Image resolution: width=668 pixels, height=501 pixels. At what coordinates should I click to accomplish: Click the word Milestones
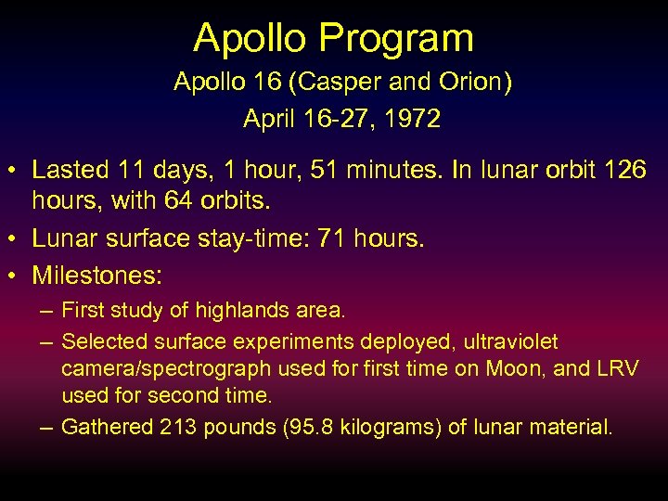pyautogui.click(x=96, y=276)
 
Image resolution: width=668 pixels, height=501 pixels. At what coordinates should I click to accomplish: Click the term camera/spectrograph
pyautogui.click(x=167, y=368)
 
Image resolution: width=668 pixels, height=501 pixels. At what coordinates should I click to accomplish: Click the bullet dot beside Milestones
pyautogui.click(x=14, y=276)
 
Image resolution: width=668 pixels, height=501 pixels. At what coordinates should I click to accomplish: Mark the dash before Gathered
pyautogui.click(x=44, y=427)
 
